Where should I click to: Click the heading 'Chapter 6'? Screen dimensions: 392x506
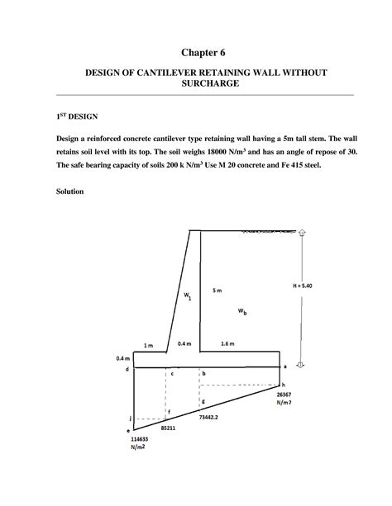coord(196,51)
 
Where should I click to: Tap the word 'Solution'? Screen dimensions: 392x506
coord(62,195)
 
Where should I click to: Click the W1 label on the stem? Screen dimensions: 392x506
coord(187,296)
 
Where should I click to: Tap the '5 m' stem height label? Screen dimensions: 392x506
coord(217,291)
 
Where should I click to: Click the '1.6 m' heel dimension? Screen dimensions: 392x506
coord(227,343)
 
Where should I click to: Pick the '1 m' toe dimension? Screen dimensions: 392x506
coord(150,344)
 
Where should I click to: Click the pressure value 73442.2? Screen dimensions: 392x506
coord(210,418)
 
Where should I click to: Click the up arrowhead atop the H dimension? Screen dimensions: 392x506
coord(302,234)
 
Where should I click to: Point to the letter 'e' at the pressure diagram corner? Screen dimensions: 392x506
coord(128,430)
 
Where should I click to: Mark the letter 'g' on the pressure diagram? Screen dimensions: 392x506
coord(203,400)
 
